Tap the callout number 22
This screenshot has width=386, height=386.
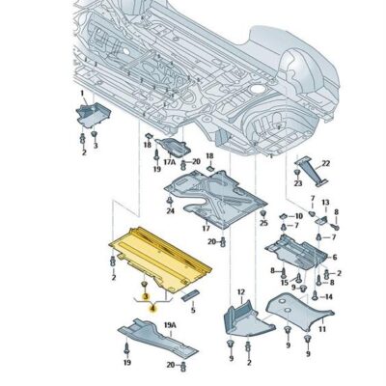point(325,163)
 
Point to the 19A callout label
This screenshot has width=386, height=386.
point(169,326)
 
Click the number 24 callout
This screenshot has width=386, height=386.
point(170,210)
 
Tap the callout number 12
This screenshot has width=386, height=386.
point(240,290)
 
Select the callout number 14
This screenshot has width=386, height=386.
point(328,296)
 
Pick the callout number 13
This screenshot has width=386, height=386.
point(324,203)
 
